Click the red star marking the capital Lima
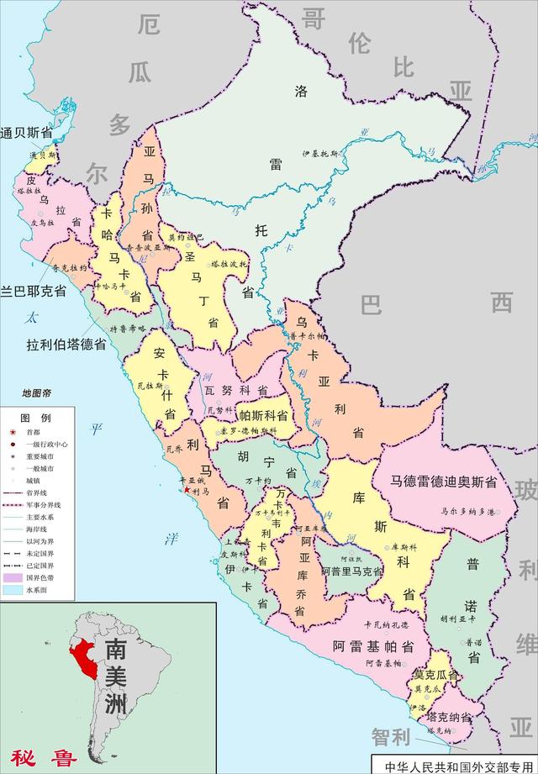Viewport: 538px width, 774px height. (x=187, y=489)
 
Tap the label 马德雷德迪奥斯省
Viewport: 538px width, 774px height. (x=442, y=482)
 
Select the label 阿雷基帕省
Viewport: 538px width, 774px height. (x=372, y=646)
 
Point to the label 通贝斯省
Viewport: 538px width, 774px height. (x=27, y=133)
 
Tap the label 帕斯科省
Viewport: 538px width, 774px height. (x=263, y=415)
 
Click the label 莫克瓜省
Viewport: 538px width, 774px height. (x=435, y=675)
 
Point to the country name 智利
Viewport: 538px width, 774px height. (x=392, y=737)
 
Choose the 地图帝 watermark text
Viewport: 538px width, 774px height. (x=37, y=393)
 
